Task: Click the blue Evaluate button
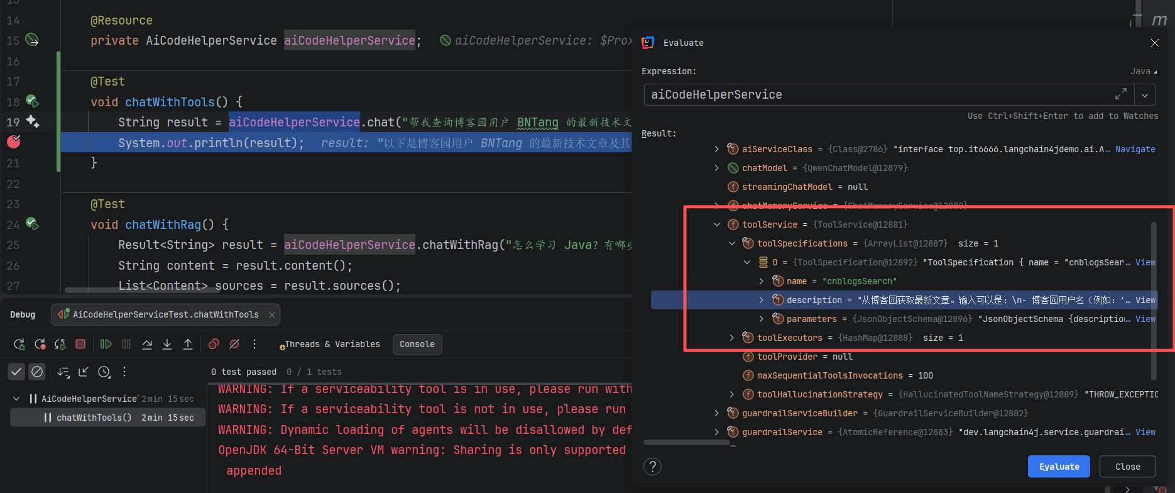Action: click(1059, 467)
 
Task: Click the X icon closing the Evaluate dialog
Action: click(1155, 43)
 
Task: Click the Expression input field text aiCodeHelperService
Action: click(716, 95)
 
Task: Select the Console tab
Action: click(417, 345)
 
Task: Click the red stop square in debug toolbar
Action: click(80, 345)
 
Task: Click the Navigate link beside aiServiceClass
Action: click(1135, 149)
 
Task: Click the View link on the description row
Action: click(1145, 300)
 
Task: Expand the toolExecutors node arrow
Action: click(731, 338)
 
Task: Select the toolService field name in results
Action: click(769, 224)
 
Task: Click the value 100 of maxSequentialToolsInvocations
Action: click(925, 375)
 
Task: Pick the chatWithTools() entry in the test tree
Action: click(94, 418)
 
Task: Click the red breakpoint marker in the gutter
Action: click(14, 142)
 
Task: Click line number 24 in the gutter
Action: click(13, 224)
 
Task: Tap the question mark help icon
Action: click(653, 467)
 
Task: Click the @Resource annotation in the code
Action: click(121, 21)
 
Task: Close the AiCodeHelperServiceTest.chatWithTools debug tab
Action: click(272, 315)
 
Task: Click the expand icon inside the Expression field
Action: click(1120, 94)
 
